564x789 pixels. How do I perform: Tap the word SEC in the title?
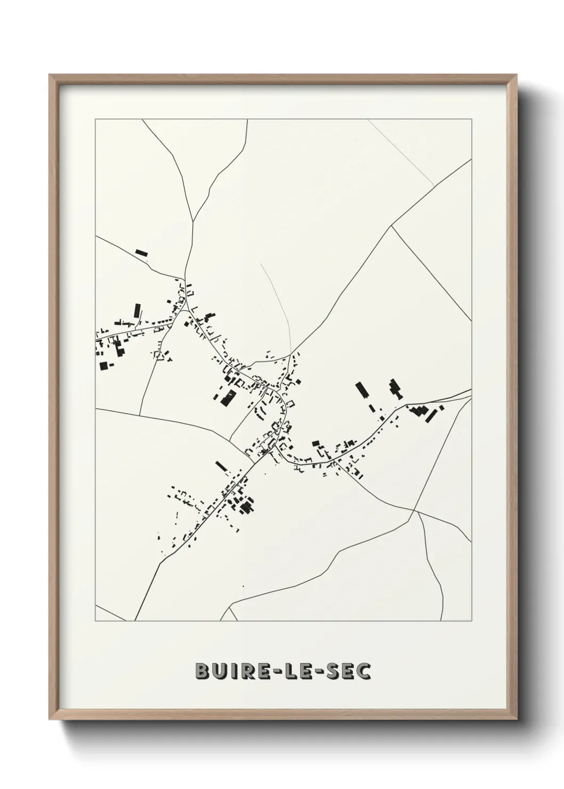coord(347,672)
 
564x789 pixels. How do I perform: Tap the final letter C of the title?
coord(364,672)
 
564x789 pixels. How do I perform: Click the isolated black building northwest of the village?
coord(141,253)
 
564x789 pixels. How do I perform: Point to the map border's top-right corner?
coord(471,119)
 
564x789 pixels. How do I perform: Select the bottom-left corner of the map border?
coord(95,621)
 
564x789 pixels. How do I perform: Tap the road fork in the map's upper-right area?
coord(392,226)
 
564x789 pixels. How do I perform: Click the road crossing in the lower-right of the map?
coord(414,511)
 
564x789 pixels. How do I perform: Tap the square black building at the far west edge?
coord(103,366)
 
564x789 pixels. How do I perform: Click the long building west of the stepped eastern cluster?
coord(362,390)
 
